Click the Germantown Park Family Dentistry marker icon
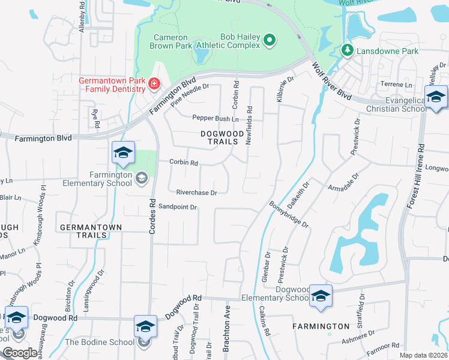154,83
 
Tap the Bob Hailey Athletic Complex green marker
270,40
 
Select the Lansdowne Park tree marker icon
346,51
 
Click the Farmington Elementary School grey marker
142,177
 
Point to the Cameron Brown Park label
172,40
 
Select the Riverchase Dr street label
196,193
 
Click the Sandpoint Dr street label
178,207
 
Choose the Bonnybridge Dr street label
289,215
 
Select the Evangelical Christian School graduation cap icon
436,96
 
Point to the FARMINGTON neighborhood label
321,326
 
